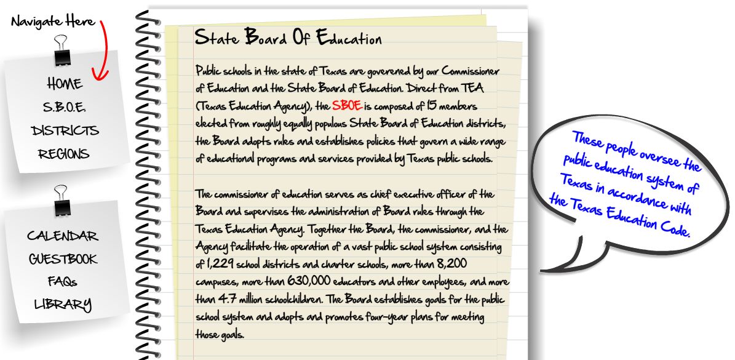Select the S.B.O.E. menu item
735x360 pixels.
point(65,108)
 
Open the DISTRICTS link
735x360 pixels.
point(65,130)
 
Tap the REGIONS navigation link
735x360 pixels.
point(64,154)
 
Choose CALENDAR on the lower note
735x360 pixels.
point(62,236)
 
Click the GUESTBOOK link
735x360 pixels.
point(63,258)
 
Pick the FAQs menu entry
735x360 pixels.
point(63,281)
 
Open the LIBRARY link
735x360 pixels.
point(63,304)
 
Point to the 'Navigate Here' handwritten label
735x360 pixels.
point(53,22)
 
